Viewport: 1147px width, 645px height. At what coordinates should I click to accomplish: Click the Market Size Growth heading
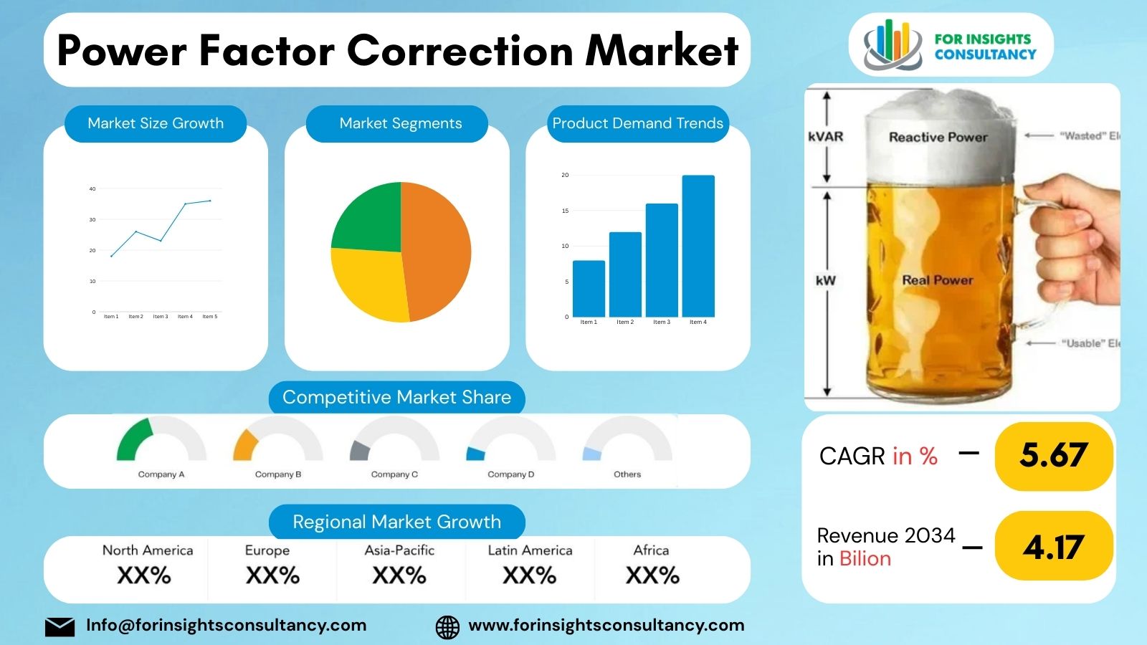[x=156, y=123]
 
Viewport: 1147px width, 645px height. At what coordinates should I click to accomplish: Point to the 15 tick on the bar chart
[x=565, y=211]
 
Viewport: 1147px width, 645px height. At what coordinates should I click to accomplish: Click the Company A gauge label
[x=161, y=474]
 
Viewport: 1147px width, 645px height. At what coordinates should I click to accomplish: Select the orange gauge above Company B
[x=244, y=444]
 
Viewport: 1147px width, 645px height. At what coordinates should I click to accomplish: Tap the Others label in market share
[x=627, y=474]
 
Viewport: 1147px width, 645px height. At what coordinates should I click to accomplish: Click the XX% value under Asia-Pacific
[x=399, y=575]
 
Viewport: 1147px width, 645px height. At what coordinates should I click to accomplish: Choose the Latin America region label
[x=530, y=550]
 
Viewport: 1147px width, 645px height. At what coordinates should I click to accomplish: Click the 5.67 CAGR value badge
[x=1054, y=456]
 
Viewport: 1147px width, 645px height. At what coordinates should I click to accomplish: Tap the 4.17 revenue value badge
[x=1054, y=548]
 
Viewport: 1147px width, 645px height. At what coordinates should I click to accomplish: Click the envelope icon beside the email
[x=60, y=626]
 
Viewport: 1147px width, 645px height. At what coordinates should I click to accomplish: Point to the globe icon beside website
[x=447, y=626]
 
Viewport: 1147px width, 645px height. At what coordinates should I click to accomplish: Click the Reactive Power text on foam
[x=938, y=137]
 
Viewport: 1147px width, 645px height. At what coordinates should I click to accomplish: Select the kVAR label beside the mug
[x=825, y=136]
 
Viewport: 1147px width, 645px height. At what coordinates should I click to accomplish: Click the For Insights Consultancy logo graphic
[x=892, y=45]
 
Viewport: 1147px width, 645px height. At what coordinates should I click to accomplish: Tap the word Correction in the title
[x=461, y=51]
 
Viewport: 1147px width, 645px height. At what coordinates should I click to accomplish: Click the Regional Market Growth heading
[x=396, y=522]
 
